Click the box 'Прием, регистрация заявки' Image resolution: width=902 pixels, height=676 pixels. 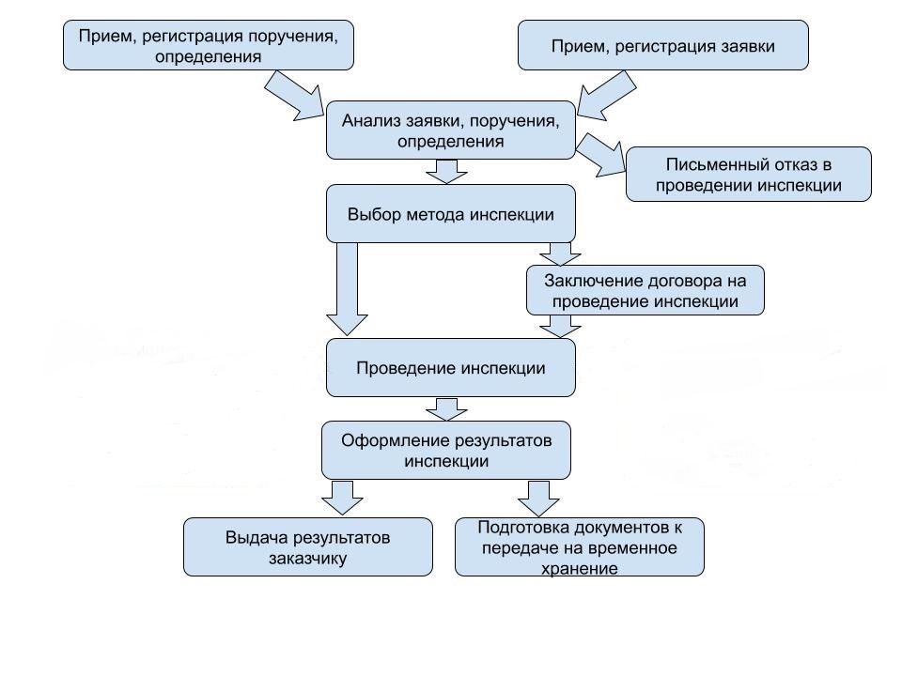click(662, 45)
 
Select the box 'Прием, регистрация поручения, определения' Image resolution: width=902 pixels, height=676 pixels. click(209, 45)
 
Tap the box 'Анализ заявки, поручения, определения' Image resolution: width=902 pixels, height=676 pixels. click(450, 131)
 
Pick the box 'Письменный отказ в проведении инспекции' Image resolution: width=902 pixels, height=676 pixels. click(749, 175)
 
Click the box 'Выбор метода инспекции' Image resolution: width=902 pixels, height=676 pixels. click(450, 214)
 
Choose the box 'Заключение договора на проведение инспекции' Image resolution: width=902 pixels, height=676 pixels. click(645, 290)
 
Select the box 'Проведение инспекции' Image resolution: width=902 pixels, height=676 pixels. click(450, 368)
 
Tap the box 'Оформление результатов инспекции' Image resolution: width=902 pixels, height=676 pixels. click(445, 451)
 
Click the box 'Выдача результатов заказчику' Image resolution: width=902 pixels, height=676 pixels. click(308, 547)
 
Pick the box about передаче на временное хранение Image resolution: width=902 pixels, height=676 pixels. click(580, 547)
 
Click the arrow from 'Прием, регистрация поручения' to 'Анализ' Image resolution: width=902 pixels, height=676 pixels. click(294, 96)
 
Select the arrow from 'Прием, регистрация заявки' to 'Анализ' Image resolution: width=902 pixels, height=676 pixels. click(607, 96)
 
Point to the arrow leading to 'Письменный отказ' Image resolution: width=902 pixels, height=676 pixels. click(600, 155)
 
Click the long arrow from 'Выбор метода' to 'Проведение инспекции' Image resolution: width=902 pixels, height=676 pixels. click(347, 288)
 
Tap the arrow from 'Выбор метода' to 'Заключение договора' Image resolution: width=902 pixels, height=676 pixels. click(560, 253)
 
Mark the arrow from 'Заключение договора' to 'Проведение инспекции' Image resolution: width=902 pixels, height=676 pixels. click(560, 326)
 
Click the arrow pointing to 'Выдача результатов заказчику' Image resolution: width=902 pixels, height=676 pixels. click(342, 498)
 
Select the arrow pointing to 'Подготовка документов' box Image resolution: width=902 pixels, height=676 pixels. click(539, 499)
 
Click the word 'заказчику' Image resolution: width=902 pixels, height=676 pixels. click(308, 558)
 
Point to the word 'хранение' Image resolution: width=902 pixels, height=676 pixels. click(580, 569)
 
